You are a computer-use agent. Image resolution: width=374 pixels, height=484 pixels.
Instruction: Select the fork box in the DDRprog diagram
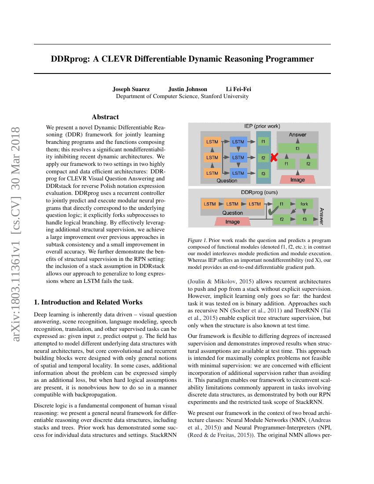coord(304,204)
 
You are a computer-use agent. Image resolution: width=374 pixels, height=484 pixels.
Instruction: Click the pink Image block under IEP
coord(297,180)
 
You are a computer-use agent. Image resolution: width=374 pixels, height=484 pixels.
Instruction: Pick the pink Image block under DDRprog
coord(233,222)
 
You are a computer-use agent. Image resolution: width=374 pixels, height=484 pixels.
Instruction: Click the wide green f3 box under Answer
coord(297,149)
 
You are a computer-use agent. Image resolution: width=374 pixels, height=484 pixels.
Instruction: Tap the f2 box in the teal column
coord(263,158)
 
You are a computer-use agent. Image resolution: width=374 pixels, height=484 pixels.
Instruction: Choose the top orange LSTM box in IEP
coord(212,142)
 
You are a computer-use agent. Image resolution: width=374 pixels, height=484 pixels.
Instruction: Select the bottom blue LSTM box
coord(238,173)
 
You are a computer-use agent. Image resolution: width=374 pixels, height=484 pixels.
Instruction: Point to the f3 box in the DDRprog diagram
coord(304,219)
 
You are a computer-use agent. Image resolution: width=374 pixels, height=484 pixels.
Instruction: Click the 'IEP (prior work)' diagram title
coord(262,126)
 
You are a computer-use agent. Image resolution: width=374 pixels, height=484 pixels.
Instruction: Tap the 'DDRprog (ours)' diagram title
coord(259,192)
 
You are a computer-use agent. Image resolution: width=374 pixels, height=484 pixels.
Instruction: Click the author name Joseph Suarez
coord(131,89)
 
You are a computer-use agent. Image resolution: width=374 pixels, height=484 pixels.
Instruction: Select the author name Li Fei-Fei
coord(238,89)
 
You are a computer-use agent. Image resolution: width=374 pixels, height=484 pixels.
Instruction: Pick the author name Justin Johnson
coord(187,89)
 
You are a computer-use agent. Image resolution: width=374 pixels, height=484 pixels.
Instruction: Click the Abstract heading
coord(105,117)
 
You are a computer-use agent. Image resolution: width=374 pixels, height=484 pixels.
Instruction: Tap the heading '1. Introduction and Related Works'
coord(88,302)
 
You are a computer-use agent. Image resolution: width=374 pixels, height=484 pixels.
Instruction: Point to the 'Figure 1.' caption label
coord(197,241)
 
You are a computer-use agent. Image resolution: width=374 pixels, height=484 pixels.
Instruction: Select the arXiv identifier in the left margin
coord(16,238)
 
